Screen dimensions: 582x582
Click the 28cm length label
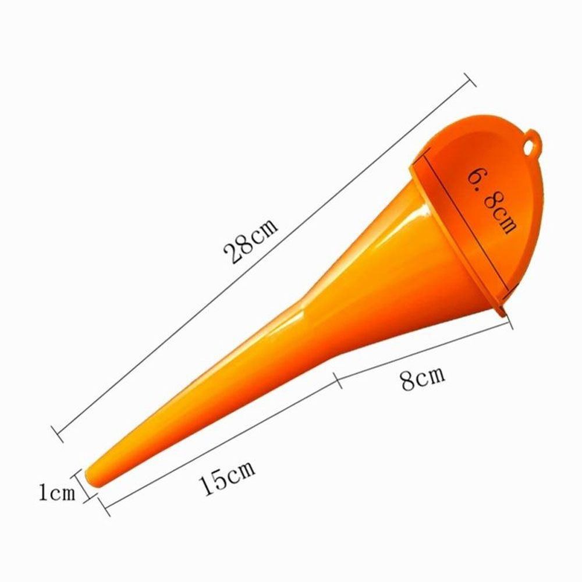click(251, 241)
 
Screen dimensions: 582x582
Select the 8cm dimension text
click(423, 378)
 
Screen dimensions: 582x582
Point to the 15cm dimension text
click(228, 478)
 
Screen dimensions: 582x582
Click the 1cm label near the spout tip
click(57, 493)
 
